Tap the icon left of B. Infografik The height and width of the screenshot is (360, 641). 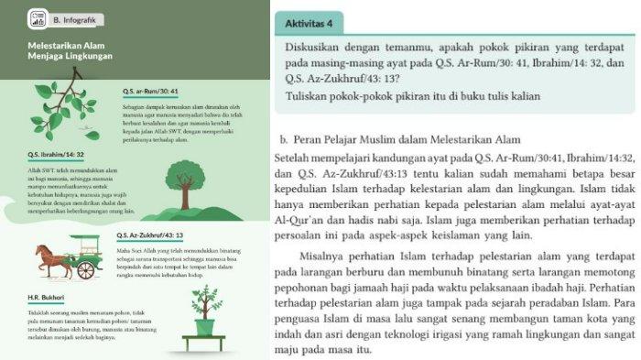38,18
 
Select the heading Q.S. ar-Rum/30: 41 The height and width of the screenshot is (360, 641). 148,92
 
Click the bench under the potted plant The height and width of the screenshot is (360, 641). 204,342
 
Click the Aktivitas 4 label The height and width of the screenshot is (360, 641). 315,21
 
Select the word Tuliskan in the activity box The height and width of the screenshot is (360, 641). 309,95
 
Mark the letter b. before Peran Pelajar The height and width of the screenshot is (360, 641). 286,139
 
